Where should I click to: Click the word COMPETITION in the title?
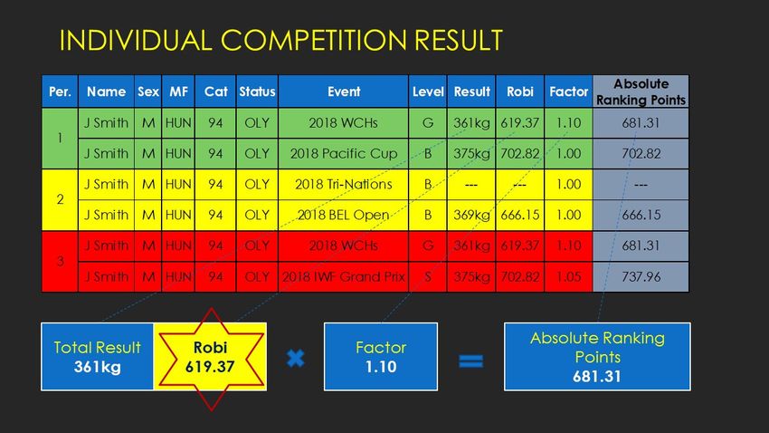[x=313, y=40]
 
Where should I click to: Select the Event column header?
[x=343, y=91]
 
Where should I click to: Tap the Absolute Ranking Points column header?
[x=641, y=91]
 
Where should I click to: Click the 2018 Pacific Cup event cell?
[x=343, y=154]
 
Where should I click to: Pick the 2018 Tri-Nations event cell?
[x=343, y=185]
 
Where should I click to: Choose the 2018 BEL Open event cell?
[x=343, y=215]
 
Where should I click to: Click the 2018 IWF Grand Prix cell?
[x=343, y=277]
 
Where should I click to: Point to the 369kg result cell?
[x=471, y=215]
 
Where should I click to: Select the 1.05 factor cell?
[x=568, y=277]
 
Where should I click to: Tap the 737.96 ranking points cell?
[x=641, y=277]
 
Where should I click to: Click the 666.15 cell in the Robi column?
[x=520, y=215]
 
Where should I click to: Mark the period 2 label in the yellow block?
[x=60, y=199]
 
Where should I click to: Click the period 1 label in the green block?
[x=60, y=138]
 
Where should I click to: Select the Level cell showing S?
[x=428, y=277]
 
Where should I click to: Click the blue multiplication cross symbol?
[x=295, y=359]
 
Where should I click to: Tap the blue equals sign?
[x=470, y=361]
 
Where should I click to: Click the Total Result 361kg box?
[x=97, y=357]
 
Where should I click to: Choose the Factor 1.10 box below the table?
[x=381, y=357]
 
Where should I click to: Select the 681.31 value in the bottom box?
[x=597, y=377]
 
